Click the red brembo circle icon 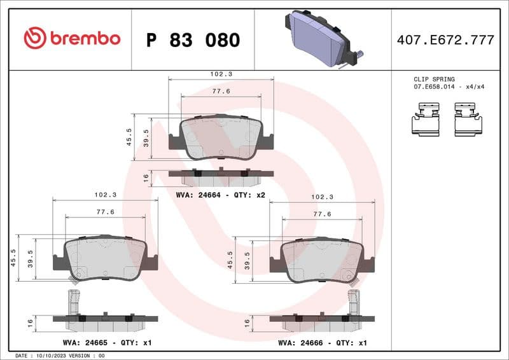pyautogui.click(x=35, y=39)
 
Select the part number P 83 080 pyautogui.click(x=193, y=40)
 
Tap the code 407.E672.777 pyautogui.click(x=445, y=40)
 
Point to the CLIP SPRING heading pyautogui.click(x=434, y=80)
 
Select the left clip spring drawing pyautogui.click(x=426, y=121)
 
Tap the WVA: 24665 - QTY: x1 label pyautogui.click(x=107, y=342)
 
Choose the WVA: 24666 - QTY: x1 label pyautogui.click(x=323, y=342)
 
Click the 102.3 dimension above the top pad pyautogui.click(x=221, y=74)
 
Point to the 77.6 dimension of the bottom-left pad pyautogui.click(x=105, y=212)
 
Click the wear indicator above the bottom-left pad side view pyautogui.click(x=74, y=300)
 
